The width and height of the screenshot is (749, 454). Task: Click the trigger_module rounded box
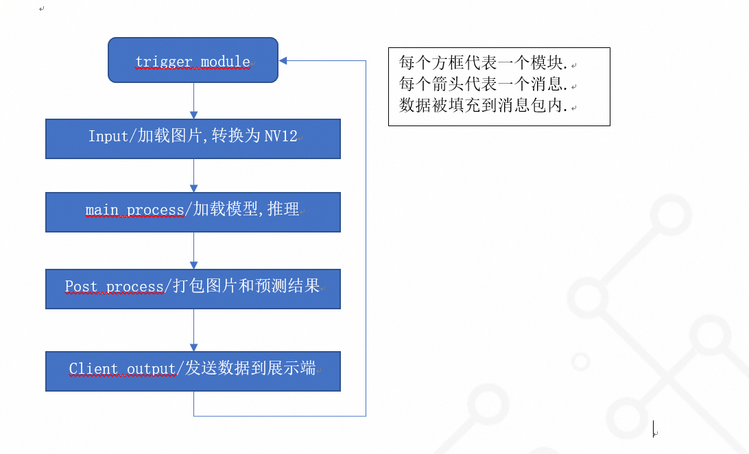click(193, 60)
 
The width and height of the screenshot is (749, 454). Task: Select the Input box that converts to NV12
click(193, 139)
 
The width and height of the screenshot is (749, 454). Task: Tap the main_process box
click(193, 212)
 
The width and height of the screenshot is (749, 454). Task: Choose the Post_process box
click(193, 289)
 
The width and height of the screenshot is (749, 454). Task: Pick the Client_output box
click(193, 371)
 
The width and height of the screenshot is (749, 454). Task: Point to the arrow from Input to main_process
click(193, 176)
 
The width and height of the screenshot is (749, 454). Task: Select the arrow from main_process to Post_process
click(193, 250)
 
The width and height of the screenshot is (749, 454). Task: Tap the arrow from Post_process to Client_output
click(193, 330)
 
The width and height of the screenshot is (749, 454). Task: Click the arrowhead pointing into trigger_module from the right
click(284, 60)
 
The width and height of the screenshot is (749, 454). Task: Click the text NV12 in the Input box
click(281, 136)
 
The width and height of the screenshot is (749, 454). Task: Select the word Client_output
click(123, 369)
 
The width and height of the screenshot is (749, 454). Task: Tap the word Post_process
click(114, 286)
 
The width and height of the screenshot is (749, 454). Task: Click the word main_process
click(134, 210)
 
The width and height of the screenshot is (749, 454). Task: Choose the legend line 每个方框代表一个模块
click(483, 64)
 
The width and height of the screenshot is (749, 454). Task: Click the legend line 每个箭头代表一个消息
click(483, 85)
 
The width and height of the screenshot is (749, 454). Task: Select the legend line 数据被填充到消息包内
click(483, 106)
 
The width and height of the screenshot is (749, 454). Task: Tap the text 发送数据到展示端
click(250, 369)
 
